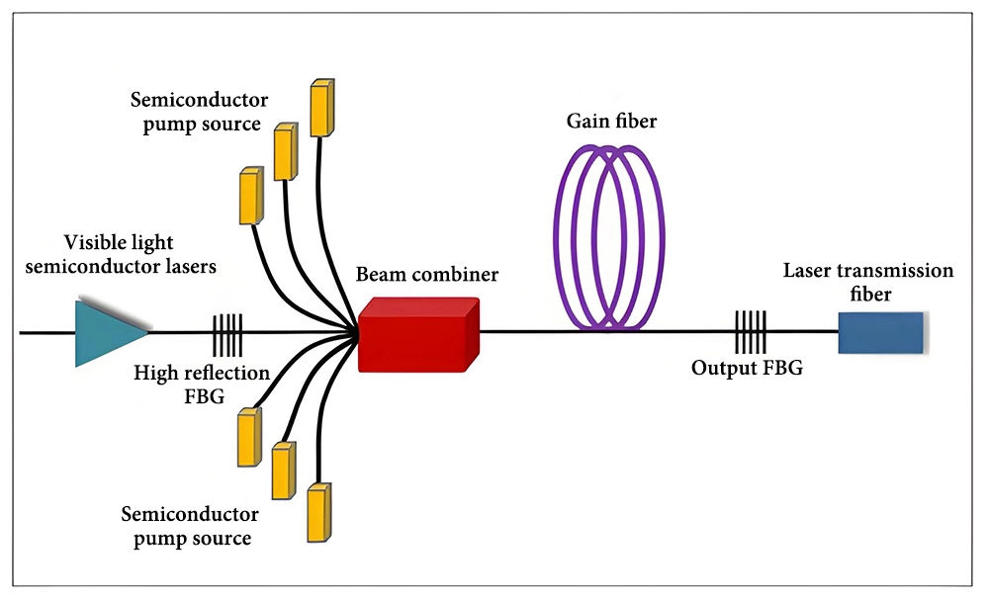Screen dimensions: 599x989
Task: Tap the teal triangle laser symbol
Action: coord(107,333)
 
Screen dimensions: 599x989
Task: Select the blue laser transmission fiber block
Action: coord(881,332)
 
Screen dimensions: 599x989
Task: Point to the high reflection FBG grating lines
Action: coord(227,333)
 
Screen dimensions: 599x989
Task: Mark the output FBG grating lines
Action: coord(750,332)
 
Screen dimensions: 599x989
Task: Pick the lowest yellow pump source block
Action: coord(318,512)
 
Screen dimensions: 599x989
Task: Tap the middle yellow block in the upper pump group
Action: coord(286,151)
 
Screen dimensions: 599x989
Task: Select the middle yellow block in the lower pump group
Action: coord(283,471)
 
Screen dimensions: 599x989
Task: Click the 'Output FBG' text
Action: coord(747,369)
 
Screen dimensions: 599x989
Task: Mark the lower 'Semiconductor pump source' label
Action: coord(190,526)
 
